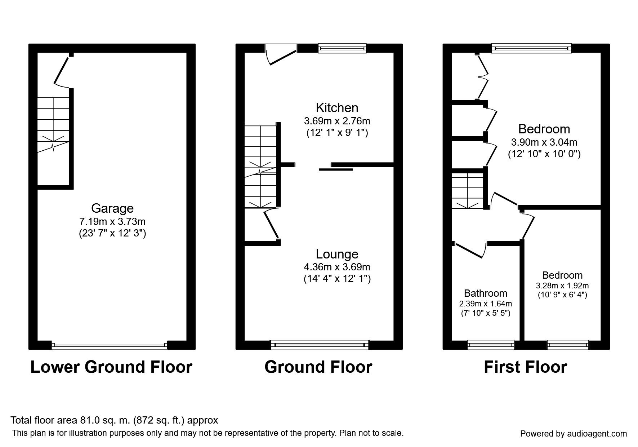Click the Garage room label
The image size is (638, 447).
pos(112,208)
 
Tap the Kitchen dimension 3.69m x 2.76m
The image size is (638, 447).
pos(337,120)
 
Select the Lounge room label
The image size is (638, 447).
pos(337,254)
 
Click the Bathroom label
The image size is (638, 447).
pos(485,293)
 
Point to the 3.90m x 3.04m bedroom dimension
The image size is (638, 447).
pos(544,142)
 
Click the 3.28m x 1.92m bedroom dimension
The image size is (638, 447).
pos(562,286)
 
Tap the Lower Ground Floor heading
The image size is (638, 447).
pos(111,367)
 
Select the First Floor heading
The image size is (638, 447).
pos(525,367)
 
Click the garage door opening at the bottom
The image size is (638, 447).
pos(110,345)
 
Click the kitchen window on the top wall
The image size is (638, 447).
pos(342,48)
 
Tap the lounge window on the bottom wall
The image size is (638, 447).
pos(320,345)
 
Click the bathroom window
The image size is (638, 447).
pos(491,345)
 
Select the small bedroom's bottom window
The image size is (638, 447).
pos(568,345)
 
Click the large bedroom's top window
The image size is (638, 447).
pos(531,48)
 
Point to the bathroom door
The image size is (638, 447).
pos(469,251)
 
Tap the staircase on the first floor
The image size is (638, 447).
pos(468,191)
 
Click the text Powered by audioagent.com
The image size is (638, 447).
pos(573,434)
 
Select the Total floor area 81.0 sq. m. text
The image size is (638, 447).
pos(114,420)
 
